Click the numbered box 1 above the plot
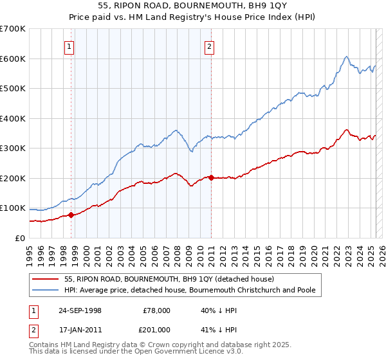coord(69,46)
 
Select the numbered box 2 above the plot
coord(210,46)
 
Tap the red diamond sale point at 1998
coord(71,215)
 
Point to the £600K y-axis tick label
coord(13,59)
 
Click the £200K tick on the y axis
coord(13,178)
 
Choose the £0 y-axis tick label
coord(19,238)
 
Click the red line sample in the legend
coord(45,279)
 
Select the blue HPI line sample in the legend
coord(45,290)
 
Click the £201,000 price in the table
coord(156,330)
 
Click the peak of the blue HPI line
coord(346,57)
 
